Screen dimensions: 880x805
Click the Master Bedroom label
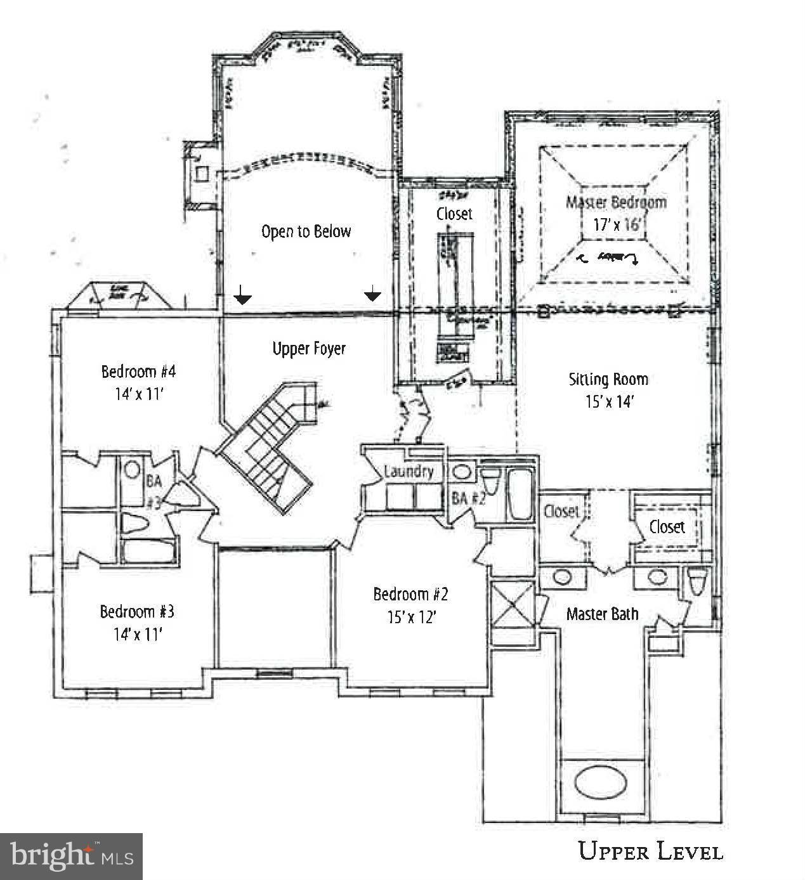pyautogui.click(x=616, y=202)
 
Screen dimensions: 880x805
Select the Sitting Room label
pyautogui.click(x=608, y=380)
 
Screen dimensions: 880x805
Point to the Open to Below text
pyautogui.click(x=306, y=231)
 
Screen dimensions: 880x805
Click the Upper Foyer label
pyautogui.click(x=309, y=349)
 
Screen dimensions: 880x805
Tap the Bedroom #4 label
pyautogui.click(x=138, y=371)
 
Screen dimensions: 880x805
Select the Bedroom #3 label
pyautogui.click(x=137, y=612)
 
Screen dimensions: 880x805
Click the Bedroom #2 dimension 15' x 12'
pyautogui.click(x=412, y=617)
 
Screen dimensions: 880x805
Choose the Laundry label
pyautogui.click(x=409, y=472)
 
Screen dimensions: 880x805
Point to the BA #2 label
pyautogui.click(x=468, y=498)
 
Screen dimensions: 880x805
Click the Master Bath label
pyautogui.click(x=602, y=614)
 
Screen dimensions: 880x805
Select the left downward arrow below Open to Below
pyautogui.click(x=242, y=295)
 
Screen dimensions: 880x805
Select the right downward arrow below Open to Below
pyautogui.click(x=372, y=294)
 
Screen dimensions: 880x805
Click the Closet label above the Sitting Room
pyautogui.click(x=454, y=214)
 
